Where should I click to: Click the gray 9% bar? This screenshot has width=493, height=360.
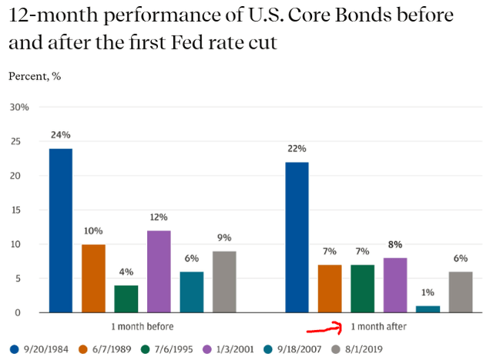(x=224, y=281)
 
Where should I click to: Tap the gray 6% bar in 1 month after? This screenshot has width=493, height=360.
(x=461, y=292)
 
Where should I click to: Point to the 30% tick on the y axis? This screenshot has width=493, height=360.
(x=18, y=108)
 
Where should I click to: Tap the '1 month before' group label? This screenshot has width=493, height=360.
(x=143, y=326)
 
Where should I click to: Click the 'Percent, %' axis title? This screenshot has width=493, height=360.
(x=35, y=76)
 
